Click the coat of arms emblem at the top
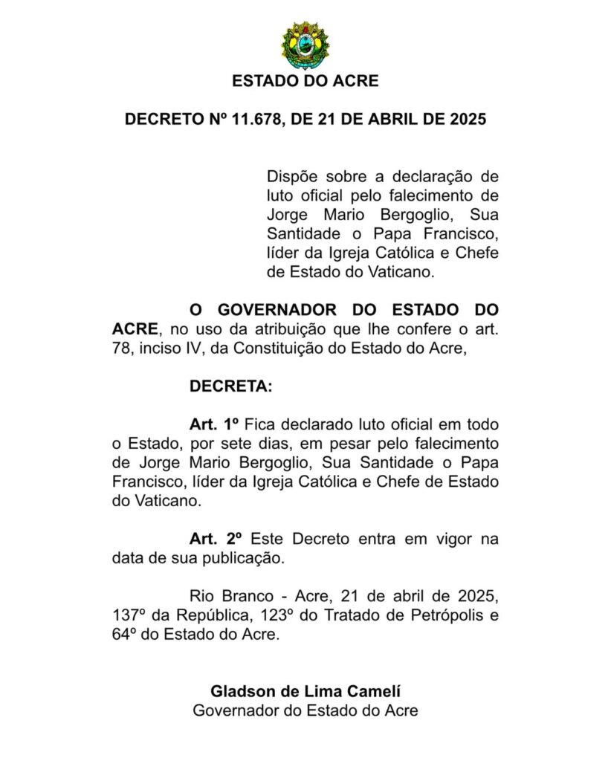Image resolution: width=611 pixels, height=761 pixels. (x=305, y=45)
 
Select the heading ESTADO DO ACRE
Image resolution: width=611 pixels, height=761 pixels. (x=305, y=81)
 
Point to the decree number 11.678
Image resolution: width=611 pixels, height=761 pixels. (x=255, y=119)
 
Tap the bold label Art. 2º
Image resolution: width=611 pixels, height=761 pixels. (x=216, y=540)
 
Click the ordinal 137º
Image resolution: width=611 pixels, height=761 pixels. (x=129, y=616)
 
